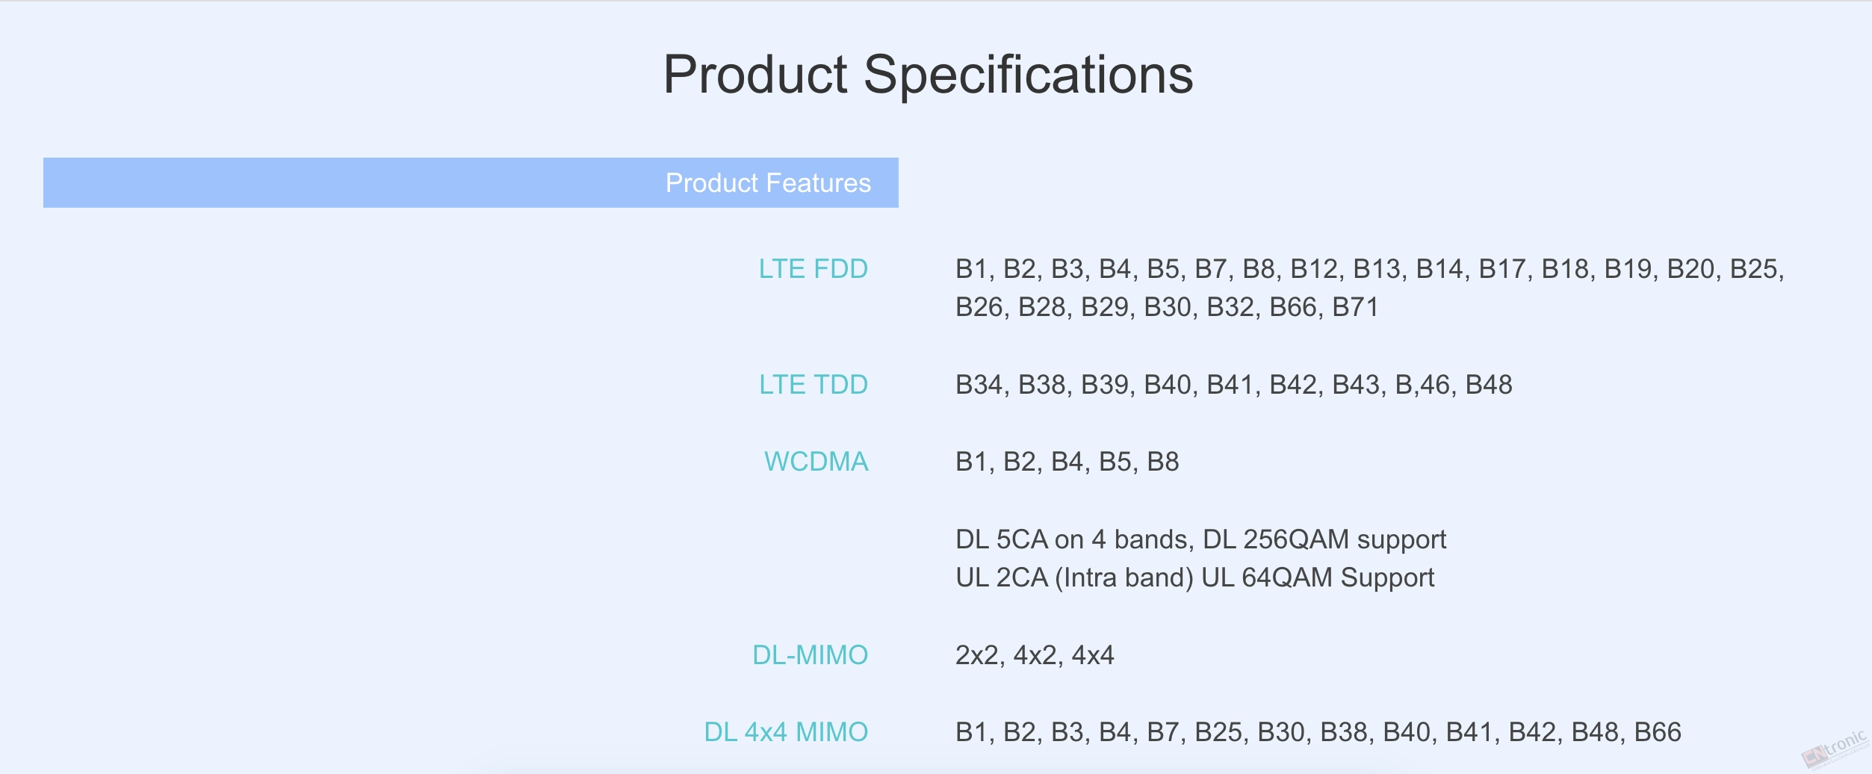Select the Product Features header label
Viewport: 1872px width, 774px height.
tap(768, 183)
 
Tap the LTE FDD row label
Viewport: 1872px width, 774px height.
tap(813, 269)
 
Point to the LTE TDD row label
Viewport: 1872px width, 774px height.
tap(813, 385)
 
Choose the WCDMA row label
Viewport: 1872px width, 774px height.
tap(816, 462)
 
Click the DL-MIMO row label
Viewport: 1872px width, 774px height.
tap(810, 655)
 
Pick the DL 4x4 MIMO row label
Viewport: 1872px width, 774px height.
tap(786, 732)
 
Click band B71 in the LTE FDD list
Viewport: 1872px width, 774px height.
tap(1355, 307)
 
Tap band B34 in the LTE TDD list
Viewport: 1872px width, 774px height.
tap(979, 385)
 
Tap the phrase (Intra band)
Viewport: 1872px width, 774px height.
tap(1124, 578)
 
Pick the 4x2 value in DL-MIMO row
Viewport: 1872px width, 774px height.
tap(1035, 655)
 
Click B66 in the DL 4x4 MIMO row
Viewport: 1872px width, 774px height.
tap(1658, 732)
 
